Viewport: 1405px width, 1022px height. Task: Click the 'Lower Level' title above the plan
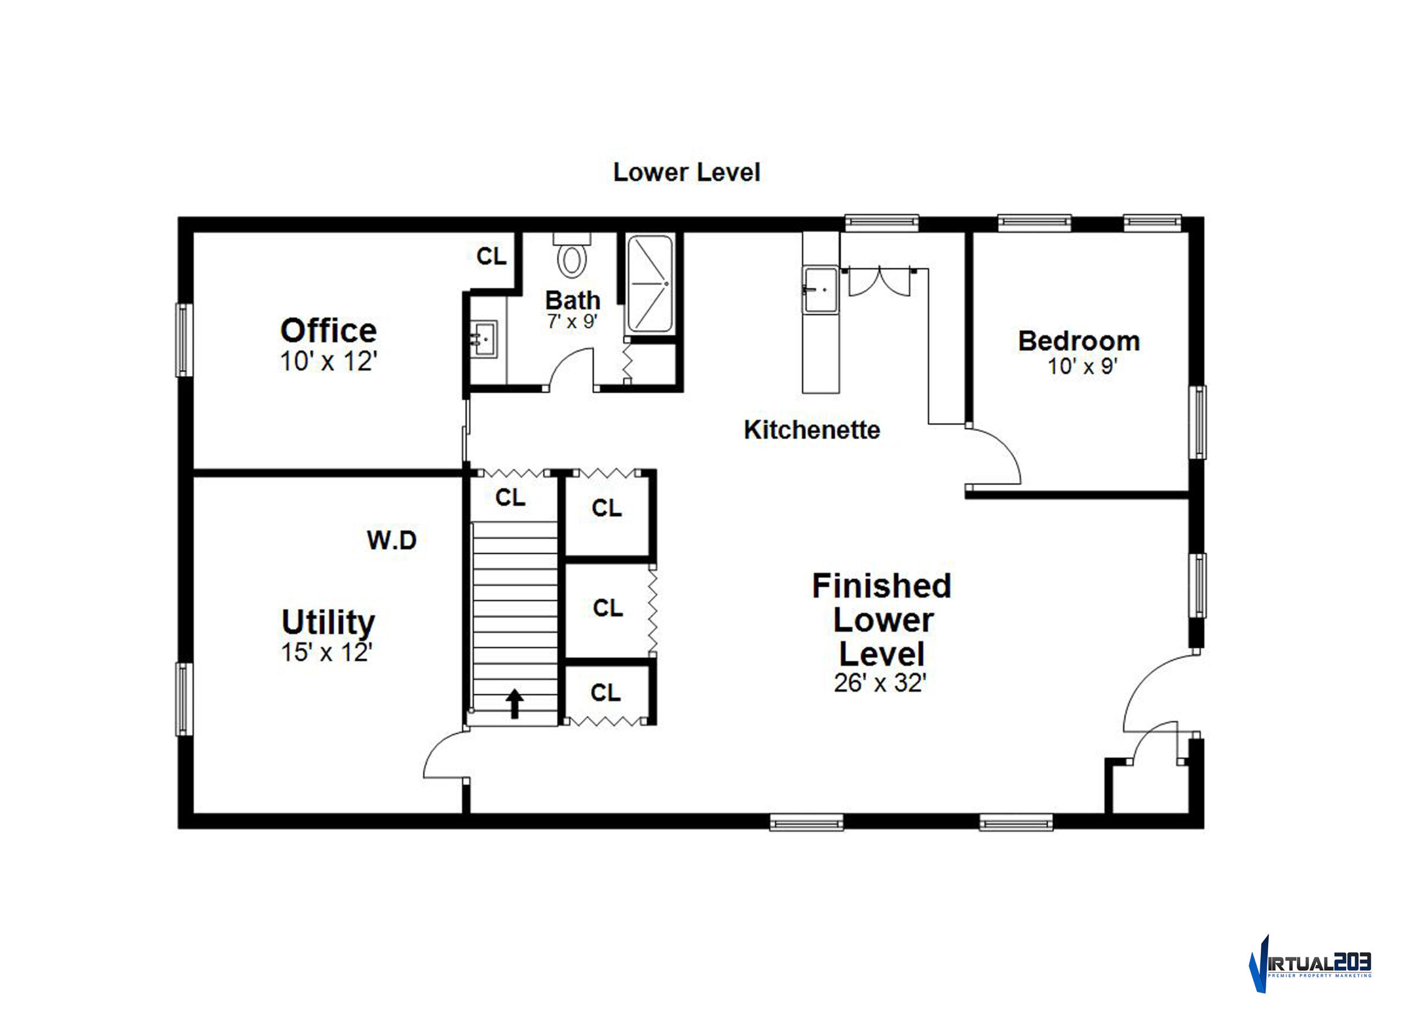(x=687, y=172)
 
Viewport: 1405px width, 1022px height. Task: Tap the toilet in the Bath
(x=571, y=255)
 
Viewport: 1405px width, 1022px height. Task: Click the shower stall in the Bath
(x=650, y=284)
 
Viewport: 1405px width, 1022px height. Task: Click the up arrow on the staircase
(x=514, y=704)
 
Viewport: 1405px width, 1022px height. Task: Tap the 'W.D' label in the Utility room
(x=391, y=540)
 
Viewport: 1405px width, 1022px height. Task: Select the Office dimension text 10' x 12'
(x=328, y=361)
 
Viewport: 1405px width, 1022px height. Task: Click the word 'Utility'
(x=328, y=622)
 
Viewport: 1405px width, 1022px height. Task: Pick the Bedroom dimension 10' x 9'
(x=1082, y=366)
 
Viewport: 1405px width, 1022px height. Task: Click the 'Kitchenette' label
(x=812, y=430)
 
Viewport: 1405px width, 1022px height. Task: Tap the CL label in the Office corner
(x=491, y=256)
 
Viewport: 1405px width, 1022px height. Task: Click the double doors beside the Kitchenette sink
(x=879, y=282)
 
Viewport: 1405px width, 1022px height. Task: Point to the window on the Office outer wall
(x=183, y=339)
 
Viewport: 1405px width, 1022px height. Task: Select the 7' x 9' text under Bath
(x=572, y=322)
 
